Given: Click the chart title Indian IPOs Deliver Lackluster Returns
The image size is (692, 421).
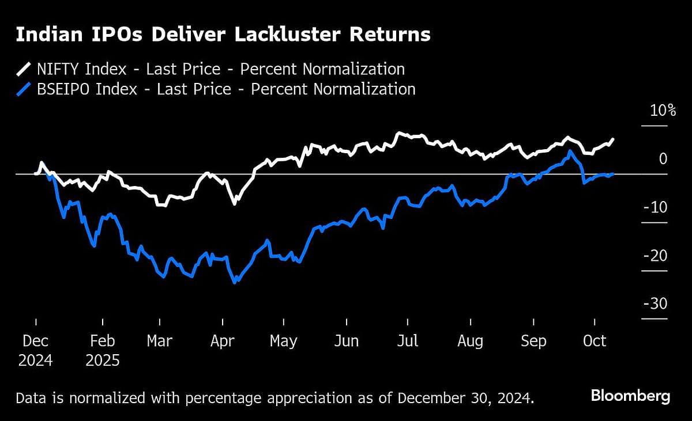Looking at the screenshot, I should point(223,35).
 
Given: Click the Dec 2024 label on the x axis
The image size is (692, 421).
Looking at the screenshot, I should point(35,350).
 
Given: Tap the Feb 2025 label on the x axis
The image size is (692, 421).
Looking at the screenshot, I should point(103,350).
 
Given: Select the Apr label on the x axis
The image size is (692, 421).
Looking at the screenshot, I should point(222,341).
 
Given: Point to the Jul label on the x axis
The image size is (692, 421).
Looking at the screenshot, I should point(407,341).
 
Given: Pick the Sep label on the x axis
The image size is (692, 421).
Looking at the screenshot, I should point(533,341).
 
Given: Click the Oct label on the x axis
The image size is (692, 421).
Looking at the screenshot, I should point(595,341).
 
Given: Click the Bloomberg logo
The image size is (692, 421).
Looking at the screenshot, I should point(630,396).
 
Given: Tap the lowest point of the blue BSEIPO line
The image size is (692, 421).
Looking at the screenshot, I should point(235,283).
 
